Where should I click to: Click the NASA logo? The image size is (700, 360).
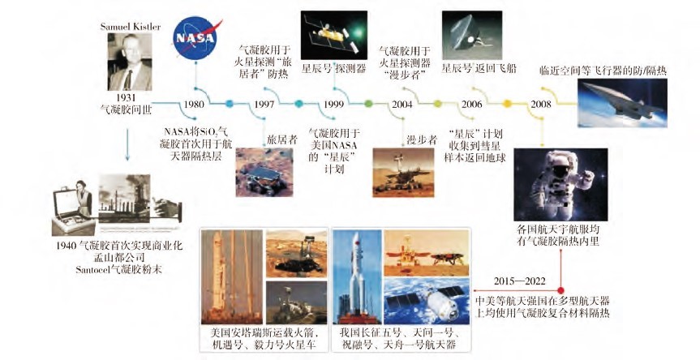coord(196,38)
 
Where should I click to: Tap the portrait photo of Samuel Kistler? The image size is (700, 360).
coord(130,62)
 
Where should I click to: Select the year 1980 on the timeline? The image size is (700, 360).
coord(194,105)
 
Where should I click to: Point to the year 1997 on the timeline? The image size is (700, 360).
coord(264,105)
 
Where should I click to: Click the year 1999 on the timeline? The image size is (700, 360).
coord(334,105)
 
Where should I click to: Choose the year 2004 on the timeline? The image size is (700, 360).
coord(402,105)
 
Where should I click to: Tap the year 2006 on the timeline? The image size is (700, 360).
coord(472,105)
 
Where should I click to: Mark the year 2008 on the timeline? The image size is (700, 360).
coord(541,105)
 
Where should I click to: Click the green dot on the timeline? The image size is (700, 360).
coord(368,104)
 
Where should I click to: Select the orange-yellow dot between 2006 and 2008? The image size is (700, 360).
coord(507,104)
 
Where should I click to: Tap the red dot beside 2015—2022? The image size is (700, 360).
coord(560,290)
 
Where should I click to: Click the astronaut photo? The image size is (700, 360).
coord(560,185)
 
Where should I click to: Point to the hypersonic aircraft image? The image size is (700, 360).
coord(622,103)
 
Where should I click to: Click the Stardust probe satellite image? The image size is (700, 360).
coord(334,35)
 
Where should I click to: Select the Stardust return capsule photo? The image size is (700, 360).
coord(472,35)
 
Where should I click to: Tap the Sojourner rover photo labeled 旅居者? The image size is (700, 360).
coord(264,172)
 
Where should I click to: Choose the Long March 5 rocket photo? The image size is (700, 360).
coord(357,277)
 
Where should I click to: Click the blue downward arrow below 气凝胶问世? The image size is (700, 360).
coord(127,144)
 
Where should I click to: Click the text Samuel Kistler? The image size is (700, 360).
coord(130,26)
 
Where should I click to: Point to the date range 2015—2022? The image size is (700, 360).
coord(520,281)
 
